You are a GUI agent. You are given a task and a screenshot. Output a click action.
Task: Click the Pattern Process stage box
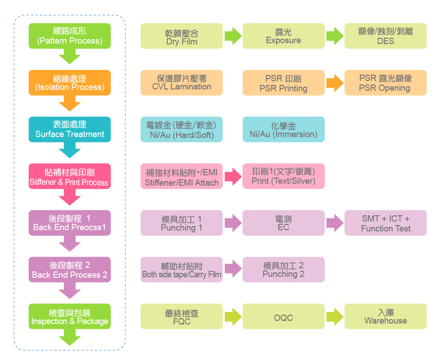pos(70,36)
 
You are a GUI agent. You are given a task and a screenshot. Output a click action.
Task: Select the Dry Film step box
pos(182,36)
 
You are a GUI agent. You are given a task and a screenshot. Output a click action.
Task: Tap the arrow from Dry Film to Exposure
pos(232,36)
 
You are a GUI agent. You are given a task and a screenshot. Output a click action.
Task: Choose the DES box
pos(385,36)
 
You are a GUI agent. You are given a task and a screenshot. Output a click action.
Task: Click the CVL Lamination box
pos(182,83)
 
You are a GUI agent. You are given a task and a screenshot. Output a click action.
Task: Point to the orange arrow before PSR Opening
pos(334,83)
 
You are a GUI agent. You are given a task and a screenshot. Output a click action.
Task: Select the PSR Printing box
pos(283,83)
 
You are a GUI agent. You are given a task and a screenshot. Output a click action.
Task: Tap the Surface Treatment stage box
pos(70,129)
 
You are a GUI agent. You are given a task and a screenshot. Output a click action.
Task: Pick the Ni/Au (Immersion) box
pos(283,129)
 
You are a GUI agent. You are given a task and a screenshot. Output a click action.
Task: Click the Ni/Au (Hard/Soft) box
pos(182,129)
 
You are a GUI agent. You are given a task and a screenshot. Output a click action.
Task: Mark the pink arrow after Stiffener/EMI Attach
pos(232,176)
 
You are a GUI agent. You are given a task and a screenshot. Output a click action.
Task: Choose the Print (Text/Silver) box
pos(283,176)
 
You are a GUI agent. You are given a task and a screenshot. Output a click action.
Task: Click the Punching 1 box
pos(182,223)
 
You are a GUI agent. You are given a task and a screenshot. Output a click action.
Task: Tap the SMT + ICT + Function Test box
pos(385,223)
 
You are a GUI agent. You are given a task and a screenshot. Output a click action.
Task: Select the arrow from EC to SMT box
pos(334,223)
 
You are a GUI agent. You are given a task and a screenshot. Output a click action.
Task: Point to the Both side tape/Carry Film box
pos(182,270)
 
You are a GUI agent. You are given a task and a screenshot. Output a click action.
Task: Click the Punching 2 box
pos(283,270)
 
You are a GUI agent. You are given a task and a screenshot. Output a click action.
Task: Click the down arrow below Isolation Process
pos(70,105)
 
